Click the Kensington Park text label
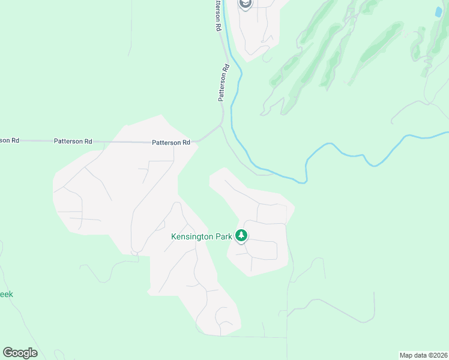click(x=202, y=237)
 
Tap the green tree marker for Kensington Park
click(x=241, y=236)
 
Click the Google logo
click(x=20, y=353)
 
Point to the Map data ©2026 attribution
click(x=423, y=355)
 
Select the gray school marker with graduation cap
click(x=245, y=4)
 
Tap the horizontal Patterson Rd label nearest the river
click(x=171, y=142)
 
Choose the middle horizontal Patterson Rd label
click(x=73, y=142)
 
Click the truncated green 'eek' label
click(x=6, y=295)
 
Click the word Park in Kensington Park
click(x=221, y=237)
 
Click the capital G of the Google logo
click(x=8, y=353)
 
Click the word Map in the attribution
click(x=406, y=355)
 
